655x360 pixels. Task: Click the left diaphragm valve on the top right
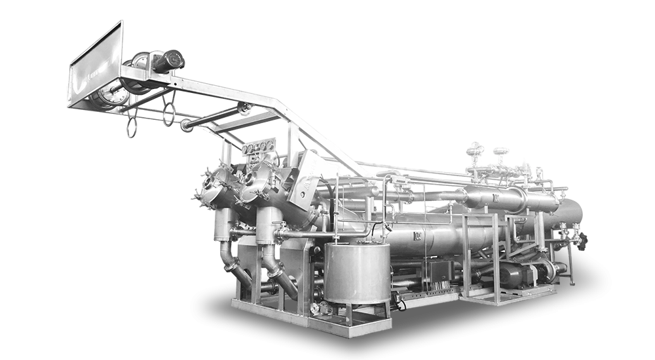[476, 154]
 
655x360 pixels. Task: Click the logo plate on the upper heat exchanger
[495, 194]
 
